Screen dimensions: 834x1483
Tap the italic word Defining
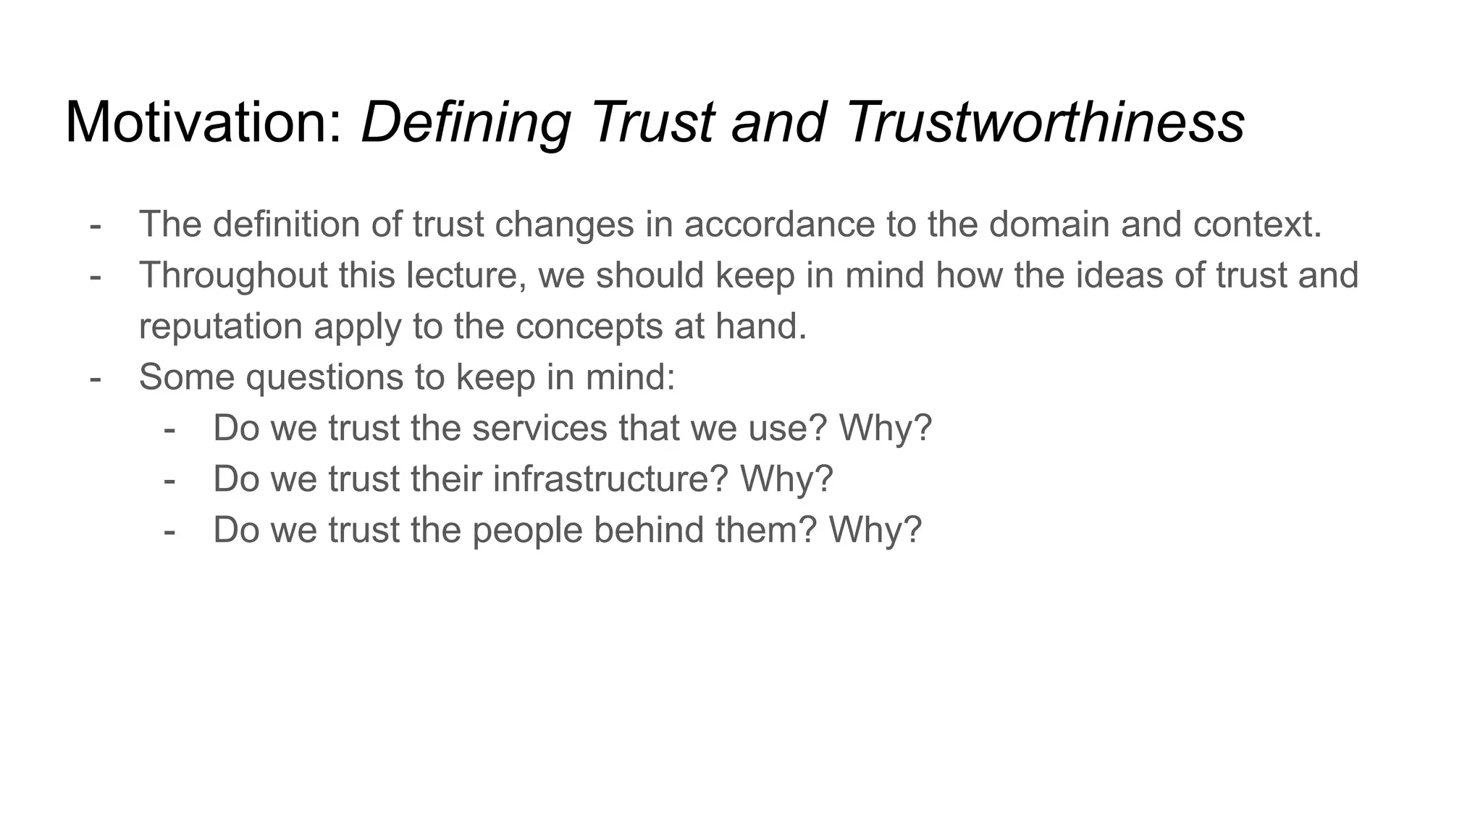coord(466,122)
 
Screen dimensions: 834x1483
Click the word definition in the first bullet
coord(287,224)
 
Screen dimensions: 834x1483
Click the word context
coord(1257,224)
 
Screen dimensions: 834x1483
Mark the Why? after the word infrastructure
coord(786,479)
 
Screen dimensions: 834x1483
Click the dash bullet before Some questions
coord(95,377)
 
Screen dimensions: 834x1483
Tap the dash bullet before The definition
coord(95,224)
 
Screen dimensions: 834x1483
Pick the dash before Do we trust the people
coord(169,531)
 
